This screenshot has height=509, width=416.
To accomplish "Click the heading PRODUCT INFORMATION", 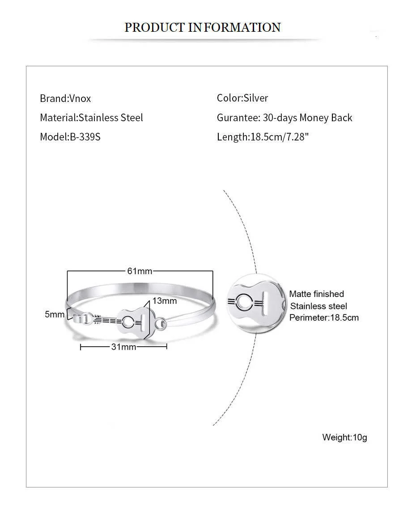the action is (x=202, y=27).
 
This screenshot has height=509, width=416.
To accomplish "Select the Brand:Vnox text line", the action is (x=65, y=98).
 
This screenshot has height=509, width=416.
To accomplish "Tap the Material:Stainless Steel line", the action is (x=91, y=118).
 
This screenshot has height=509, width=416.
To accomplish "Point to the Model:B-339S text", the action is (x=70, y=137).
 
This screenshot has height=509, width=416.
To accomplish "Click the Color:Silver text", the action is (x=242, y=98).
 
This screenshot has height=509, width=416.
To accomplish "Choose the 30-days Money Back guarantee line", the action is (x=284, y=118).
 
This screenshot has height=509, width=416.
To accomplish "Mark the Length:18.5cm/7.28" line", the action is (x=263, y=137).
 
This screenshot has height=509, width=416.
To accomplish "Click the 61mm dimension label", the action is (x=140, y=271).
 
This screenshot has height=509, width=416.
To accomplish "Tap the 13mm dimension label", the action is (x=164, y=301).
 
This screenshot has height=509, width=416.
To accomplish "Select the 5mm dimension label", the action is (x=55, y=314).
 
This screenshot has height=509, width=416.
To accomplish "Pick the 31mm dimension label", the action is (x=123, y=347).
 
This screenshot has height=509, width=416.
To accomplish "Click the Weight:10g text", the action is (x=344, y=437).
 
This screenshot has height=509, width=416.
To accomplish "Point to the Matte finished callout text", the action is (x=316, y=294).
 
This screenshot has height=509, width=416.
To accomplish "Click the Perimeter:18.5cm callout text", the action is (x=324, y=318).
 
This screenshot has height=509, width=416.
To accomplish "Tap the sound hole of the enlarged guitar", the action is (x=245, y=303).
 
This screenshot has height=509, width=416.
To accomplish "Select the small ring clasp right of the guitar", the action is (x=161, y=323).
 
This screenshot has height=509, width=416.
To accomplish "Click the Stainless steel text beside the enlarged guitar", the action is (x=318, y=306).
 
